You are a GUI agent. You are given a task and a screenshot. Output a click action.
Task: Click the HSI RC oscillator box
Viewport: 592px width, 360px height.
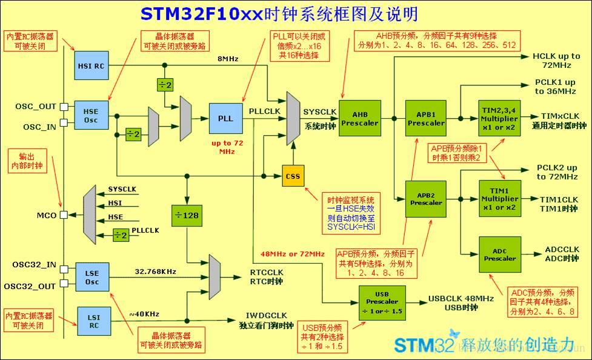pos(91,65)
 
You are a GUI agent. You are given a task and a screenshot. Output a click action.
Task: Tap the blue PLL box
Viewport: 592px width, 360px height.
pos(225,118)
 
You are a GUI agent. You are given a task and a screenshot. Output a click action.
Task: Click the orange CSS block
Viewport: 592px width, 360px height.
pos(293,176)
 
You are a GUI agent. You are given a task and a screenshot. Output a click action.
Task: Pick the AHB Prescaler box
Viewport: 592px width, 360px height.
pos(359,118)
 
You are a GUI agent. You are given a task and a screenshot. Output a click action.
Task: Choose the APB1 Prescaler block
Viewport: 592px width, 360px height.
pos(425,118)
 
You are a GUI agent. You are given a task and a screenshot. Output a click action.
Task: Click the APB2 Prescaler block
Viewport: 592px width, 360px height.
pos(425,198)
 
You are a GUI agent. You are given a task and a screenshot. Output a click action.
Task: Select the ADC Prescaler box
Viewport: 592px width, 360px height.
pos(500,254)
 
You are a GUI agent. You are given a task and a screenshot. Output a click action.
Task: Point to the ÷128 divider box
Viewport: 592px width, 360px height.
pos(187,215)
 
